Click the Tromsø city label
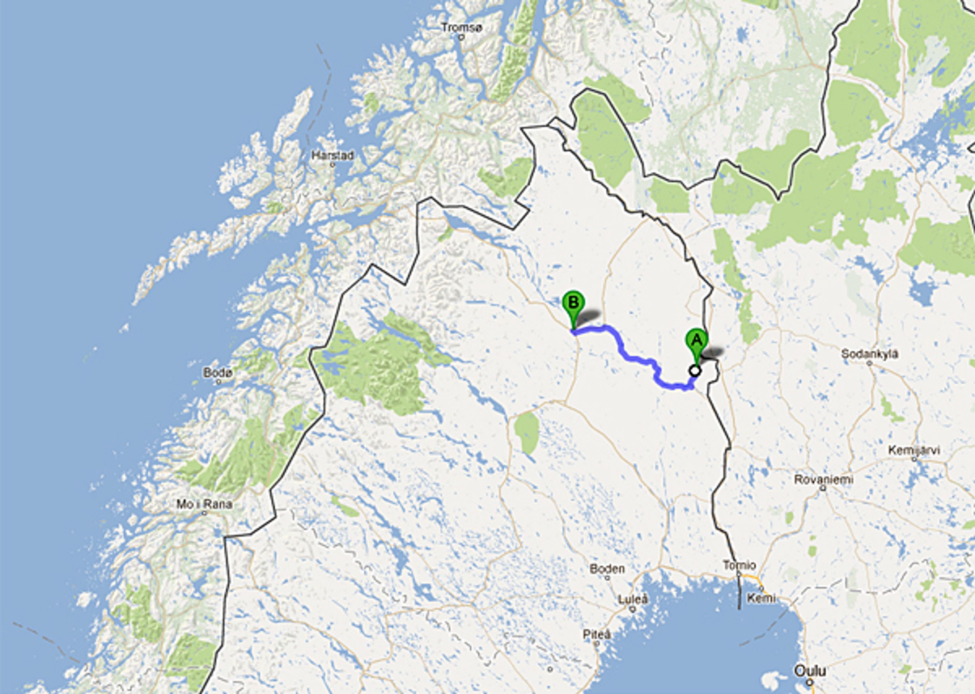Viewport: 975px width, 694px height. pyautogui.click(x=461, y=28)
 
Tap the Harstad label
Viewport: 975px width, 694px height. pyautogui.click(x=332, y=155)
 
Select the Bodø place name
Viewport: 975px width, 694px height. pyautogui.click(x=218, y=373)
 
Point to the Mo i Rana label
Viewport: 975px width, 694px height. pyautogui.click(x=205, y=504)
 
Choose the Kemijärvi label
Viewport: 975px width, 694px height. pyautogui.click(x=914, y=450)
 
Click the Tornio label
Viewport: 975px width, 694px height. pyautogui.click(x=739, y=566)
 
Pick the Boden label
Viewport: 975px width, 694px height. pyautogui.click(x=607, y=569)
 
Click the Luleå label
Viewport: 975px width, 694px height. pyautogui.click(x=633, y=600)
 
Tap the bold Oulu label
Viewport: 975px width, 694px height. pyautogui.click(x=810, y=671)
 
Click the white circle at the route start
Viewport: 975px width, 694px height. pyautogui.click(x=695, y=371)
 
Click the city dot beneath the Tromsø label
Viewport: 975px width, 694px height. pyautogui.click(x=461, y=37)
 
